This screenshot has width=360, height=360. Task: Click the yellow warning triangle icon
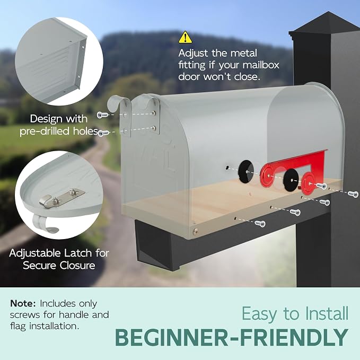point(185,38)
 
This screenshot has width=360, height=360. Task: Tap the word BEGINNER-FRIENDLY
point(231,338)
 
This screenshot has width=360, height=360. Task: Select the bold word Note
point(23,303)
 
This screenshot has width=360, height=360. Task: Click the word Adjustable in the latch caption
point(35,253)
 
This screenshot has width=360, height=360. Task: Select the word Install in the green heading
point(327,314)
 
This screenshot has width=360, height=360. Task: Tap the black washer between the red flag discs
point(291,180)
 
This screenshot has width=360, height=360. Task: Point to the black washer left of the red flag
point(245,171)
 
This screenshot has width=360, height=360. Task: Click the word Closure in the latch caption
point(77,266)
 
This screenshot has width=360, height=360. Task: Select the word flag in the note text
point(18,327)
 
